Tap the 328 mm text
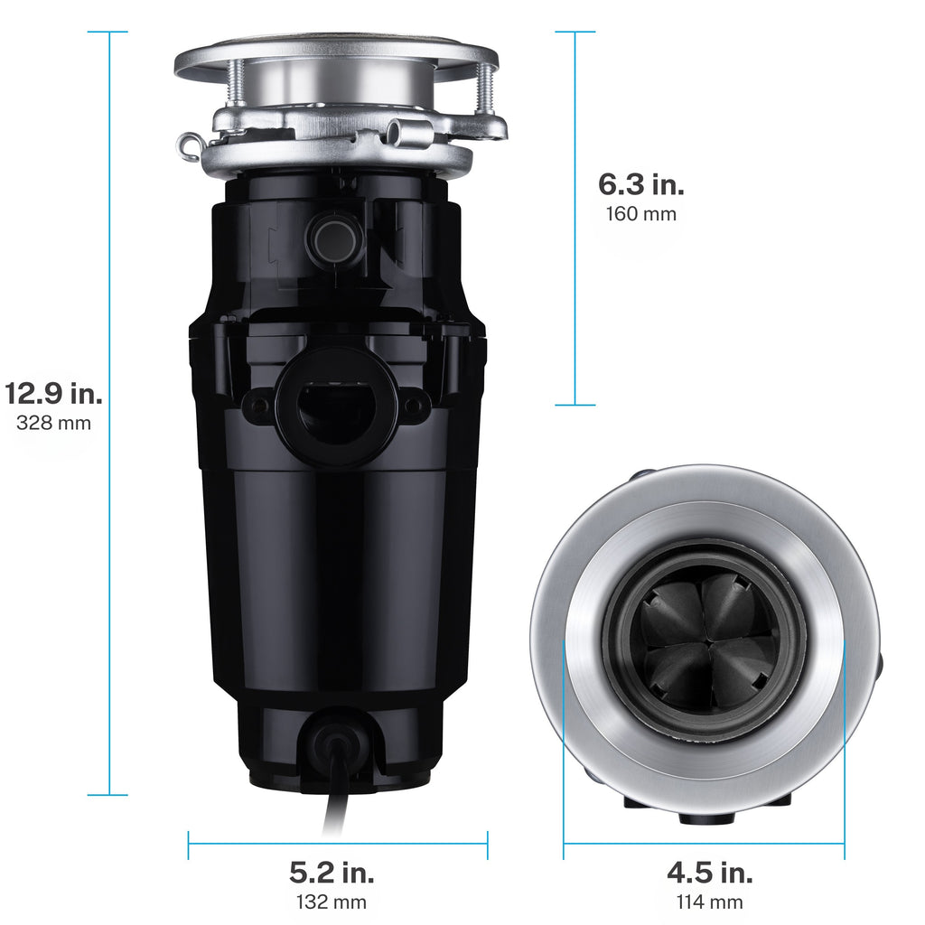point(53,422)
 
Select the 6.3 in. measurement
point(640,184)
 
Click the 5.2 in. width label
point(332,873)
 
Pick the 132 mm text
point(332,901)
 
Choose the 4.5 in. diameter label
point(709,873)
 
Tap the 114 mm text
point(709,901)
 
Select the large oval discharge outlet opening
point(336,409)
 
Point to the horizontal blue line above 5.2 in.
point(338,846)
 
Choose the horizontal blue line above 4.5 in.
point(704,846)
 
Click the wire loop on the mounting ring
point(189,145)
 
